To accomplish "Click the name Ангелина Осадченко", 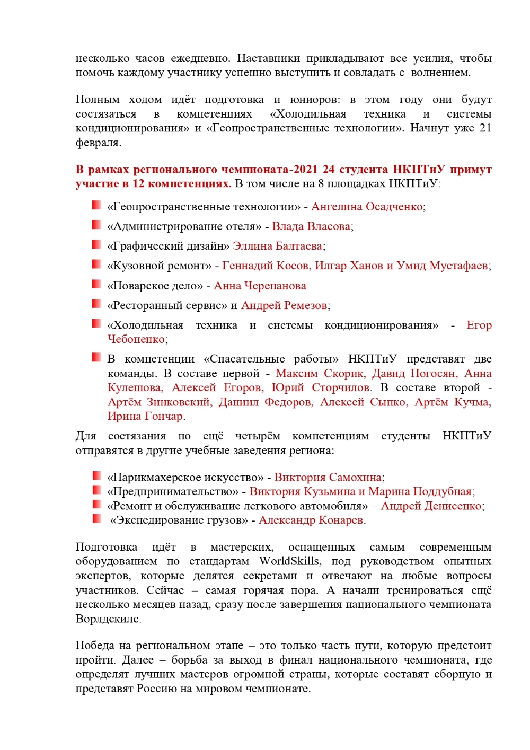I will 367,207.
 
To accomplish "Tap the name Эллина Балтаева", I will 278,246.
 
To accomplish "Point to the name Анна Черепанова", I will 260,286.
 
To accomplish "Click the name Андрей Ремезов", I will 284,305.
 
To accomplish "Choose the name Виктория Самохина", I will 328,477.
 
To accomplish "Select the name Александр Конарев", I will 311,520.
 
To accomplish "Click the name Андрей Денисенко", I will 431,506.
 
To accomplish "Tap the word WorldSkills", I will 289,561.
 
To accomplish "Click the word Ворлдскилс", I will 108,619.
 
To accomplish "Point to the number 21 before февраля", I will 485,128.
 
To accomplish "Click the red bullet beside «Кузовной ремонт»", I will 96,264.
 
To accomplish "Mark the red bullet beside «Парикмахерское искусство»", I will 96,475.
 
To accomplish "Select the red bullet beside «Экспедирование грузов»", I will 96,518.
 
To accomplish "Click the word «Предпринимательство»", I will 173,491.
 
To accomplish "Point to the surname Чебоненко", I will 137,339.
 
